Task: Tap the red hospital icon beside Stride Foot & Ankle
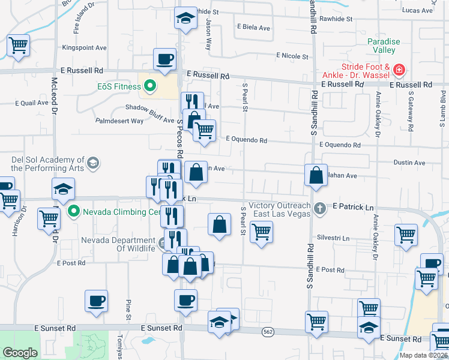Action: (399, 71)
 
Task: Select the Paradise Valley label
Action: (384, 46)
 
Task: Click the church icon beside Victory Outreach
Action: (321, 208)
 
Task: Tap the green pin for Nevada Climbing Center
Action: (73, 211)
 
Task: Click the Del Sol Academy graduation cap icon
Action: (92, 163)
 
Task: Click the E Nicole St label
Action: (292, 56)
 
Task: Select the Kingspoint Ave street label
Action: (84, 48)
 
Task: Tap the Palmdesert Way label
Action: (119, 121)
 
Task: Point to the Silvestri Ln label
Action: (333, 238)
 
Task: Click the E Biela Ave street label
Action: (254, 27)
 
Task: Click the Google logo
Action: (20, 353)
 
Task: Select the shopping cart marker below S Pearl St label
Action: (261, 232)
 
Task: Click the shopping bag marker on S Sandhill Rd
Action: (316, 175)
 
